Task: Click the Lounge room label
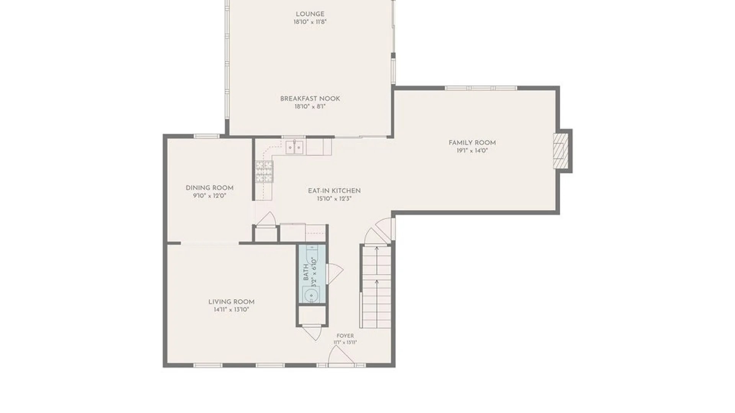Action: click(x=310, y=14)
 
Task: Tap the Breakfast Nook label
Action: click(x=310, y=99)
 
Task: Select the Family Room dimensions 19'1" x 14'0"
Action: click(x=472, y=151)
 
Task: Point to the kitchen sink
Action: click(x=294, y=147)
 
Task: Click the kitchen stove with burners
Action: click(x=264, y=171)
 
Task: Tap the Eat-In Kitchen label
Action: click(x=334, y=190)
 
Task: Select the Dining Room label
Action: click(x=209, y=188)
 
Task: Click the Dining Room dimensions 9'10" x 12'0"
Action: click(x=209, y=196)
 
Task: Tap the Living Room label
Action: click(x=231, y=302)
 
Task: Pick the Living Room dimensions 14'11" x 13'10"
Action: click(x=231, y=310)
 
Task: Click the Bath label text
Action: click(x=306, y=272)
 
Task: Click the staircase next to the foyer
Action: click(x=377, y=287)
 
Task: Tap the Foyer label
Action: click(x=345, y=336)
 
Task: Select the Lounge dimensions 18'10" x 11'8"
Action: click(x=310, y=22)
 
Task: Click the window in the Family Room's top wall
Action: click(x=481, y=88)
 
